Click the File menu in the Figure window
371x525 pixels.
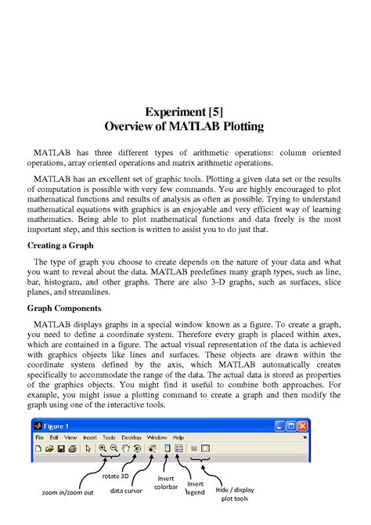38,436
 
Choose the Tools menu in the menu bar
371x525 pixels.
109,436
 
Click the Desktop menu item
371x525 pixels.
131,436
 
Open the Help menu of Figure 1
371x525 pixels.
178,436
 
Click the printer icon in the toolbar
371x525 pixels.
72,448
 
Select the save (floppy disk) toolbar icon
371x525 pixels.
60,448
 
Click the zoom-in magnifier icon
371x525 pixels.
103,448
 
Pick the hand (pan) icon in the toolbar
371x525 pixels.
125,448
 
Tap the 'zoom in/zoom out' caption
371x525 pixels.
67,492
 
